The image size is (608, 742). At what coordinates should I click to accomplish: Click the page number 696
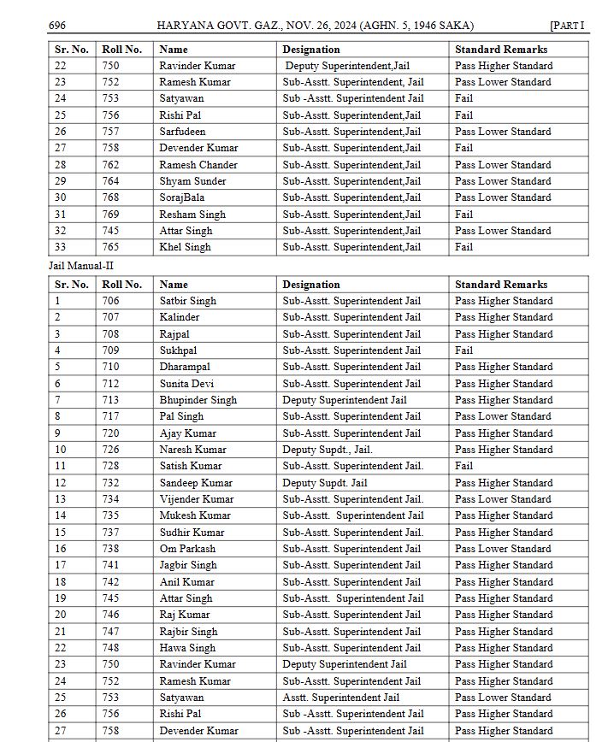[x=57, y=26]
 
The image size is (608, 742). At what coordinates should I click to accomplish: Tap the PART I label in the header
[x=567, y=26]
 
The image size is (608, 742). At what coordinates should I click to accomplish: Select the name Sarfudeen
[x=182, y=132]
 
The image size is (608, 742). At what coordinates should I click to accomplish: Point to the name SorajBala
[x=181, y=197]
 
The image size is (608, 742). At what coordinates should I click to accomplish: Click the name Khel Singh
[x=185, y=247]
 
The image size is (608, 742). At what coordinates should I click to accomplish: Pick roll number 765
[x=110, y=247]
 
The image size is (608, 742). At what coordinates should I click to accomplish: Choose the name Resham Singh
[x=192, y=215]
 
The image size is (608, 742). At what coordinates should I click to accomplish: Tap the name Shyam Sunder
[x=192, y=181]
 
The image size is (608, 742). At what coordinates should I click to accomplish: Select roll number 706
[x=110, y=301]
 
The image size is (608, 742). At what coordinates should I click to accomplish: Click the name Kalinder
[x=179, y=317]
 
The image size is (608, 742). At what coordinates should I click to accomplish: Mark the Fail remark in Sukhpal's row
[x=463, y=350]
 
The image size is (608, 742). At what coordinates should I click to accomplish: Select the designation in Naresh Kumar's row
[x=328, y=450]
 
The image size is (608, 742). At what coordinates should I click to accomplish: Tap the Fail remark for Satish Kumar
[x=463, y=466]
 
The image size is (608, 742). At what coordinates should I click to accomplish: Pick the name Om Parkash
[x=187, y=549]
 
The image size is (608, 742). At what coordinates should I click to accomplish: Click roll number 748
[x=110, y=648]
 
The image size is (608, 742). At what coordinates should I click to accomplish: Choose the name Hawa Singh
[x=187, y=648]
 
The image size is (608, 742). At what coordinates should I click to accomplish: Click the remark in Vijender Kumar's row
[x=503, y=499]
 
